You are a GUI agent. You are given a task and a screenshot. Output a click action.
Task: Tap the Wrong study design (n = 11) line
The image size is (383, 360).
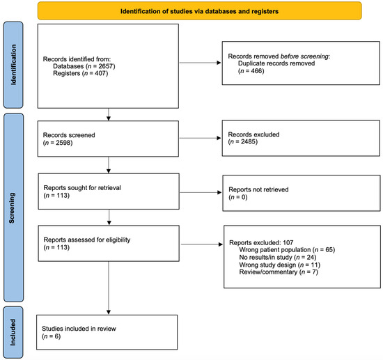pos(277,265)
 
